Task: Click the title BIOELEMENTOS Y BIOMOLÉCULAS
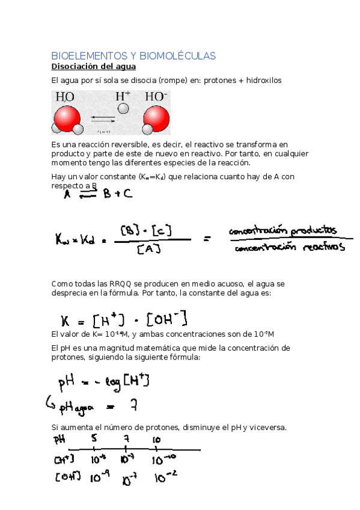coord(133,56)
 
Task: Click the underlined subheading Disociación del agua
coord(93,66)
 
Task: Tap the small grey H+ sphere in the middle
coord(123,108)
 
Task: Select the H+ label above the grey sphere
coord(123,96)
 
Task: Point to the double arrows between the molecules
coord(103,119)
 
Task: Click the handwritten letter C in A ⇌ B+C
coord(127,195)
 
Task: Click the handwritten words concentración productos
coord(283,232)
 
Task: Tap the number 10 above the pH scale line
coord(156,439)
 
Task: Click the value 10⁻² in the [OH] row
coord(164,479)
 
